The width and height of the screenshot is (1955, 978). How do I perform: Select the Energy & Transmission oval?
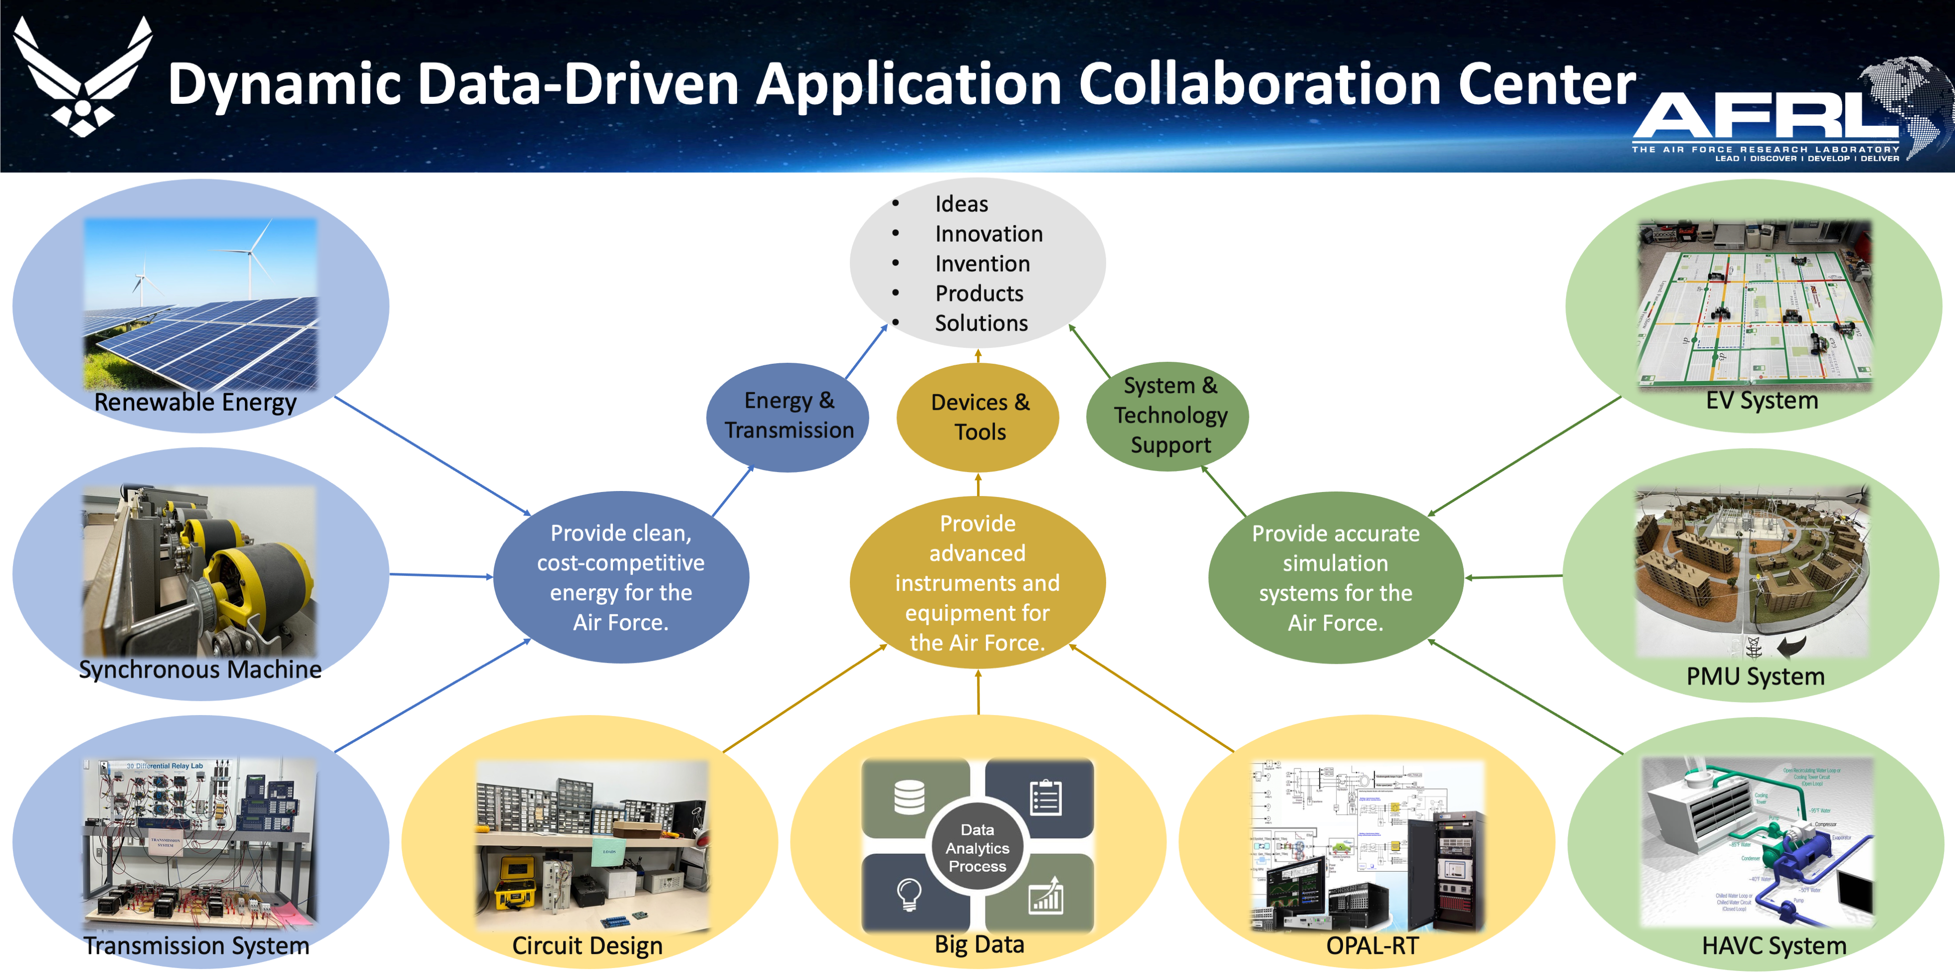click(788, 416)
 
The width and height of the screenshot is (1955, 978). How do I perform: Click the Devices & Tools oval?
click(979, 417)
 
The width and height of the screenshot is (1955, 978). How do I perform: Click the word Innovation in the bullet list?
click(988, 234)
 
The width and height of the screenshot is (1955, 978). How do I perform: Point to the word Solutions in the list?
click(980, 323)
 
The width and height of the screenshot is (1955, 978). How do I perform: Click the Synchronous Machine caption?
click(200, 670)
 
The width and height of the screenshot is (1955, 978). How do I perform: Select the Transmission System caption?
click(196, 946)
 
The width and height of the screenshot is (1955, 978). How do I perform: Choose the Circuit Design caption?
click(586, 946)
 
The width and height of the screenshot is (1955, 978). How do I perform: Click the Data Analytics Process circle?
click(977, 847)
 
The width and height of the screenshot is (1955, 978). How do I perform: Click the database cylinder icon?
click(909, 797)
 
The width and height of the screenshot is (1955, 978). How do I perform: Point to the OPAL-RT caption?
click(1371, 946)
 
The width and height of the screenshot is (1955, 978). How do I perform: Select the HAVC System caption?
click(1773, 946)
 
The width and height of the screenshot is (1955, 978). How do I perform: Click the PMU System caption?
click(1755, 676)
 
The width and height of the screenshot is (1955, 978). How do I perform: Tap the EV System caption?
click(1761, 400)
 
